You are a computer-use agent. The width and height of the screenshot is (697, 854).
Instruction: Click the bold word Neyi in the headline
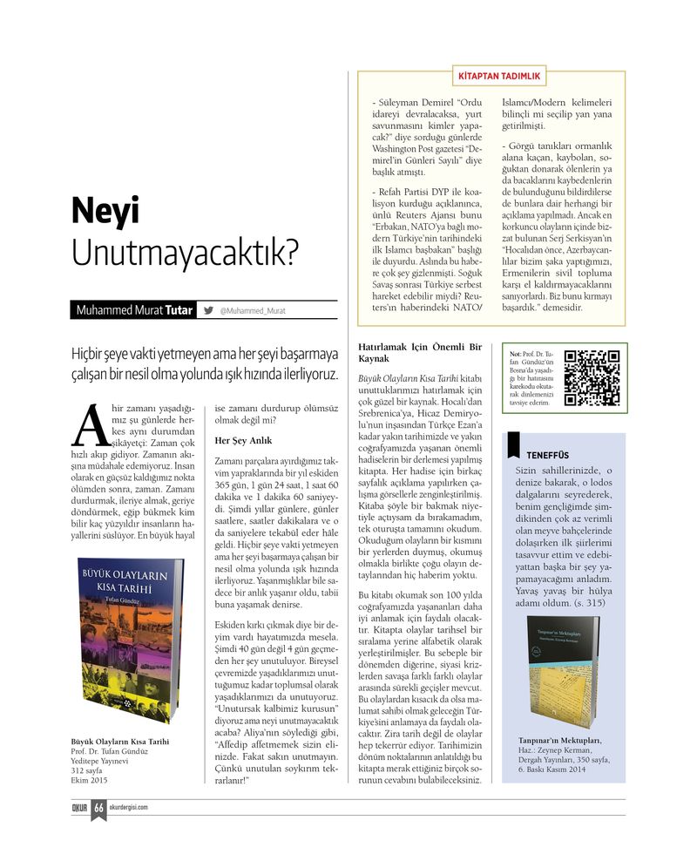pyautogui.click(x=105, y=211)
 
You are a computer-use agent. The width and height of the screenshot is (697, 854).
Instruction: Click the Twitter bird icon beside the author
pyautogui.click(x=208, y=309)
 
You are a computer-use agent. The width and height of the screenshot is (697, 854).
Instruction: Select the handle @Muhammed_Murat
pyautogui.click(x=253, y=310)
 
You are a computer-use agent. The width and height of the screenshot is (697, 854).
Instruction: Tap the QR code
pyautogui.click(x=592, y=378)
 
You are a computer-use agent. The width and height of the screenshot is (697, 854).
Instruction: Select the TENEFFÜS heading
pyautogui.click(x=547, y=455)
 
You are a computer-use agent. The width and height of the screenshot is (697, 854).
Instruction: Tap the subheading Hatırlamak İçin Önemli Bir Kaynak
pyautogui.click(x=420, y=352)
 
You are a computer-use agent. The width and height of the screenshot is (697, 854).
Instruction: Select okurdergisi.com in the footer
pyautogui.click(x=128, y=807)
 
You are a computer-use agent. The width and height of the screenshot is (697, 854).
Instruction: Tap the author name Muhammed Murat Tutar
pyautogui.click(x=134, y=310)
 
